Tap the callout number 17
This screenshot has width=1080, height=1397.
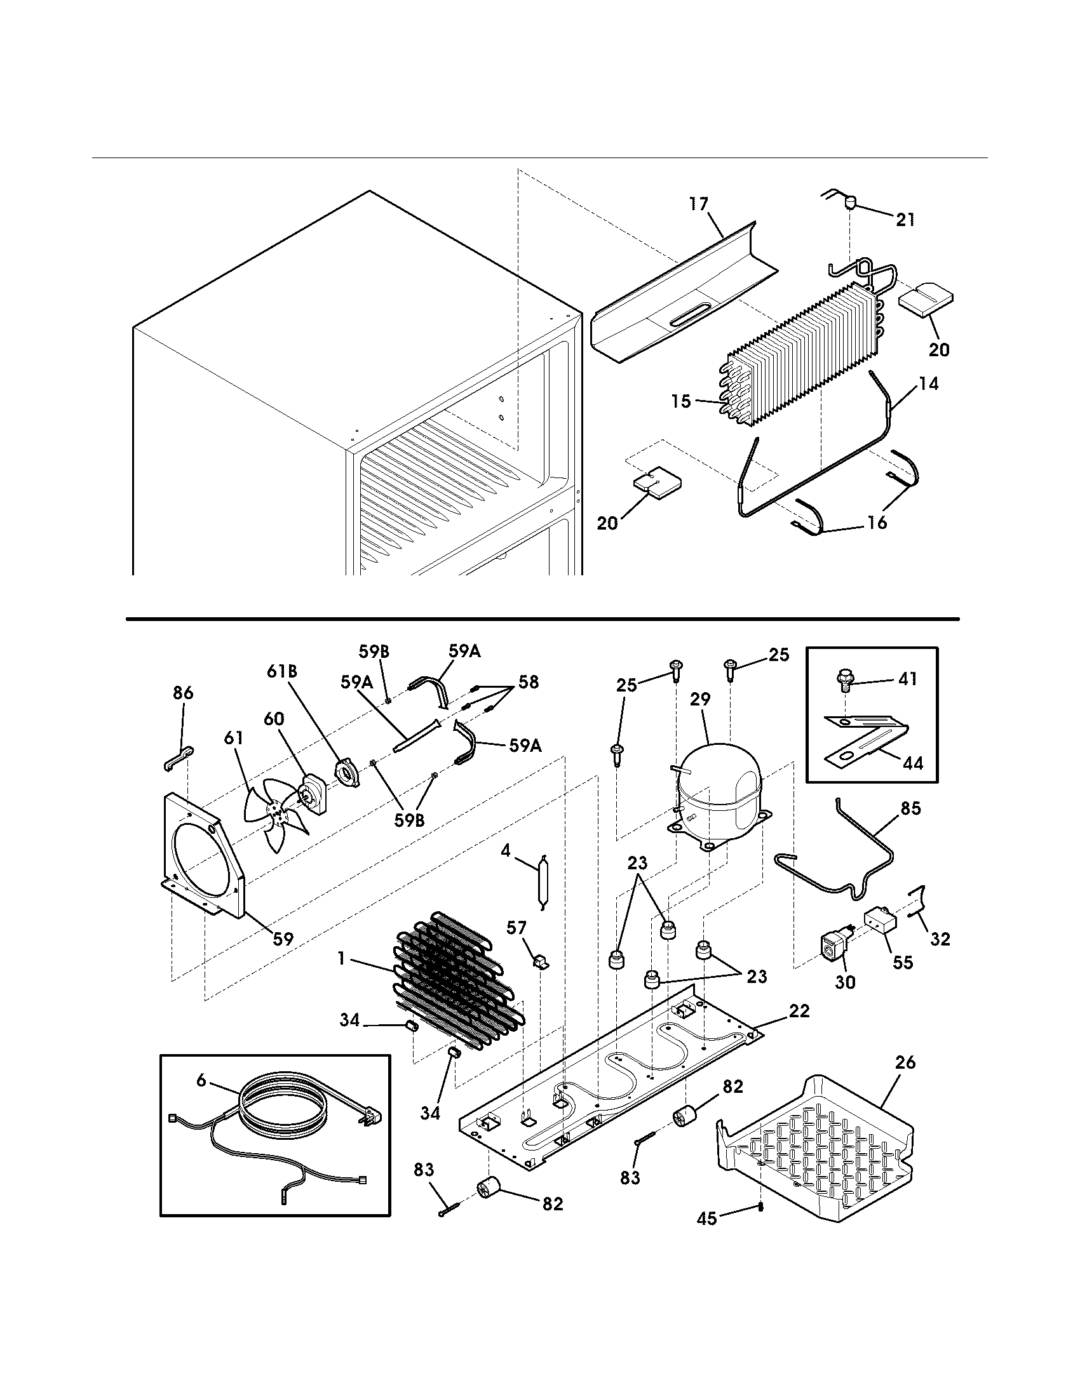[x=699, y=204]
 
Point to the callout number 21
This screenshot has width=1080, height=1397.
[x=905, y=220]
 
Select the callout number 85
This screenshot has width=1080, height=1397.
[x=910, y=808]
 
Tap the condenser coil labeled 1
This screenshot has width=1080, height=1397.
[x=457, y=979]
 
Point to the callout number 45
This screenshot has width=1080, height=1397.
[x=707, y=1219]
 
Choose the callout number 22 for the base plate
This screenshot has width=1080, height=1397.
[x=799, y=1011]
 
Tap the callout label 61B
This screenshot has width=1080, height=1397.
[x=281, y=672]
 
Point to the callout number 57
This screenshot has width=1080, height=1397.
[x=516, y=928]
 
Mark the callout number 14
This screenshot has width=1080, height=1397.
[x=928, y=384]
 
